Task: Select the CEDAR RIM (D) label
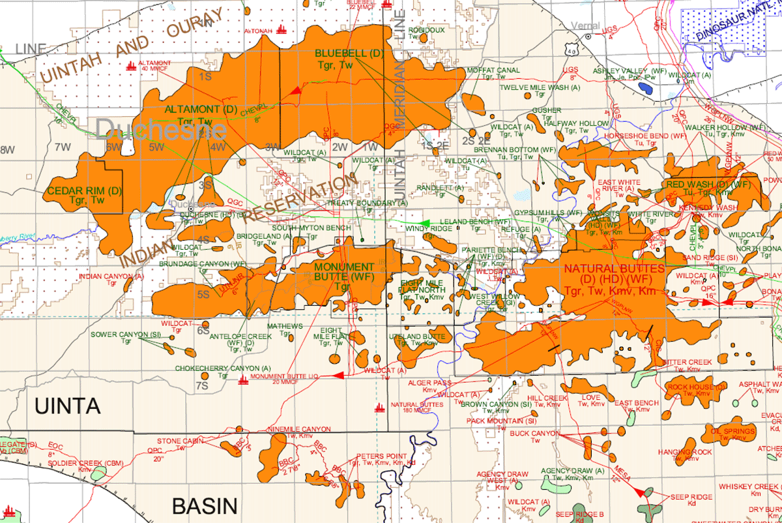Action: (85, 191)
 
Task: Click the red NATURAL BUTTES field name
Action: (614, 269)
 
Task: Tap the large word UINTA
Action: (68, 406)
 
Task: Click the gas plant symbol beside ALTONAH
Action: (282, 29)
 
